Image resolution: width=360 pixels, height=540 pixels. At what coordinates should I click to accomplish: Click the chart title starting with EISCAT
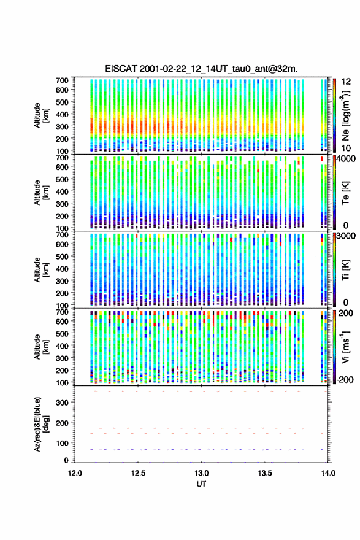[201, 69]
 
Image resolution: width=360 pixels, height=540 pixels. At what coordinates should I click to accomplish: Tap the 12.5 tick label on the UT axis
[138, 473]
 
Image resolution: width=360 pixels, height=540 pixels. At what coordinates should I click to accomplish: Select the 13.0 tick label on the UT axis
[201, 473]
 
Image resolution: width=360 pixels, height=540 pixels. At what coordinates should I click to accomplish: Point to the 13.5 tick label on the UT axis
[265, 473]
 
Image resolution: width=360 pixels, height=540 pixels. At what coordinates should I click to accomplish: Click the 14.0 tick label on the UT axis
[328, 473]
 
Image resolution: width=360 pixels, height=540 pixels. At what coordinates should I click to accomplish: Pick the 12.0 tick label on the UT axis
[75, 473]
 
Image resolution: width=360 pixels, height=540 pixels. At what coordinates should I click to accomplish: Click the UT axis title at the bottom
[201, 484]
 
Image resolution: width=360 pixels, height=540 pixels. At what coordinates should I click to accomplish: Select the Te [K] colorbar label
[345, 193]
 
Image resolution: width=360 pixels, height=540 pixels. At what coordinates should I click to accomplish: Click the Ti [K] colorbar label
[345, 270]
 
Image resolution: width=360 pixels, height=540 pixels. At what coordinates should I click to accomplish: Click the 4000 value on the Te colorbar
[345, 159]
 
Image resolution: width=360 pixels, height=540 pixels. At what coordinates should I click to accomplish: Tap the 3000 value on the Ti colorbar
[345, 236]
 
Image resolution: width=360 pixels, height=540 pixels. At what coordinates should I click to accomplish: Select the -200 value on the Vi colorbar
[344, 380]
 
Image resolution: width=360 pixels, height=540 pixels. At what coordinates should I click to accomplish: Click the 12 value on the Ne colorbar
[346, 82]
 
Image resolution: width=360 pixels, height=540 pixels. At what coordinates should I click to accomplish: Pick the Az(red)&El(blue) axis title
[41, 424]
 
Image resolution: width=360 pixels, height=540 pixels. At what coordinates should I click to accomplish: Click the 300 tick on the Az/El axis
[63, 403]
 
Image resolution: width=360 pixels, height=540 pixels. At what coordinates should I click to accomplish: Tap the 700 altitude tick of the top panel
[63, 80]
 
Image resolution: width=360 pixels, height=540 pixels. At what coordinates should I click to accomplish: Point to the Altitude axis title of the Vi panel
[41, 347]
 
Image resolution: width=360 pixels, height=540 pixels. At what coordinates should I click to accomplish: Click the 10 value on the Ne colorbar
[346, 148]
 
